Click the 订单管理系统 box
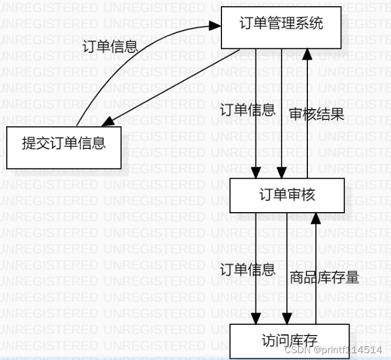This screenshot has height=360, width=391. pyautogui.click(x=281, y=27)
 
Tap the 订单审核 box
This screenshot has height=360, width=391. pyautogui.click(x=287, y=196)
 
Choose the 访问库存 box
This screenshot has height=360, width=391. pyautogui.click(x=289, y=341)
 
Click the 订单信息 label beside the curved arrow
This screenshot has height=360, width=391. pyautogui.click(x=110, y=46)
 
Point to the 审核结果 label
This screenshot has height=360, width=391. pyautogui.click(x=316, y=114)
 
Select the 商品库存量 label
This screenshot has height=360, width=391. pyautogui.click(x=324, y=278)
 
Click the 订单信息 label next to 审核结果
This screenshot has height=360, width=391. pyautogui.click(x=247, y=110)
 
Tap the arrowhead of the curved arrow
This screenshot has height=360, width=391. pyautogui.click(x=215, y=27)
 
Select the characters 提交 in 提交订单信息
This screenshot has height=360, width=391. pyautogui.click(x=36, y=143)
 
